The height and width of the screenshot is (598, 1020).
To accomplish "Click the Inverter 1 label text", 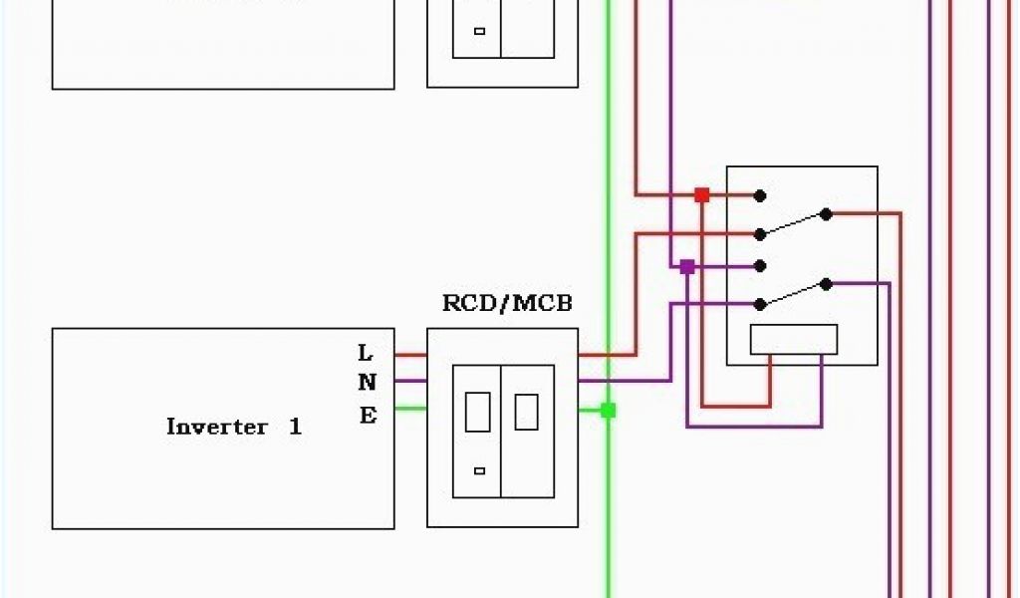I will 234,428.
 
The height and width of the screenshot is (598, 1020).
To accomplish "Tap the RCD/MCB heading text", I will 507,303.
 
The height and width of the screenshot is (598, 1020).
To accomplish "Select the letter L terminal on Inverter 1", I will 366,353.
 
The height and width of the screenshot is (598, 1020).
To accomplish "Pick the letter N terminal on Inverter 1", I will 367,382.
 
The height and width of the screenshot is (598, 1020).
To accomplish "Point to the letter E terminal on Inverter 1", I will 368,416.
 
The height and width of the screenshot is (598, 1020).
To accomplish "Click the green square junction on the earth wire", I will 608,410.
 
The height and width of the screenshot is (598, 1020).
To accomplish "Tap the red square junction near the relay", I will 701,195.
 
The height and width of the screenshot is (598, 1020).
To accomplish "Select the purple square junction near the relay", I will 686,267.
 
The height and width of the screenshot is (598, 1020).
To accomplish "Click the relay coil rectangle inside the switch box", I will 794,340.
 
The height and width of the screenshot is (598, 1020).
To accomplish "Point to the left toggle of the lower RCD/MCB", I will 477,412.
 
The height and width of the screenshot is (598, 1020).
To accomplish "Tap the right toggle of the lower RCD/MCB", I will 526,411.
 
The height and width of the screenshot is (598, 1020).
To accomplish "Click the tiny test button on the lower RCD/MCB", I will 479,470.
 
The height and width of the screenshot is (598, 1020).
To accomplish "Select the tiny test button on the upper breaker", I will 479,31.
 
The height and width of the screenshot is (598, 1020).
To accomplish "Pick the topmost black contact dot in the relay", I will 760,195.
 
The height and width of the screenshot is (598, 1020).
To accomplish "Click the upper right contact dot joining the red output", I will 826,213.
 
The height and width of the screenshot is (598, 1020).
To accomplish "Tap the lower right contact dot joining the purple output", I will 826,284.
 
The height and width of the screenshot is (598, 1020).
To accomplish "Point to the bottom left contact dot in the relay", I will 760,304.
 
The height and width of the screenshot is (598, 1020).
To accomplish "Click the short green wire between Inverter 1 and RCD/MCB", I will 410,408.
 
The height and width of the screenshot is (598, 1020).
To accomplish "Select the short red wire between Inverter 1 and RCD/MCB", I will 410,354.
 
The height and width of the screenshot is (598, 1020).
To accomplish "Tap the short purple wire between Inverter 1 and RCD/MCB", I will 410,381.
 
